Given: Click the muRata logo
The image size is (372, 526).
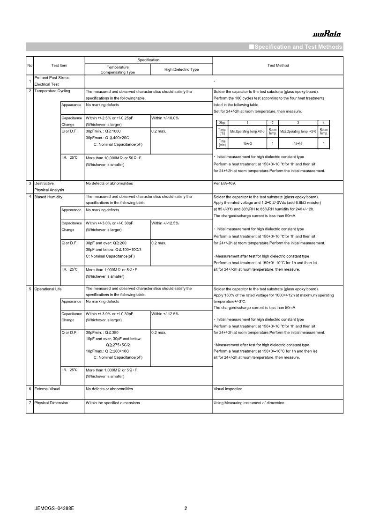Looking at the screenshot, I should pos(327,34).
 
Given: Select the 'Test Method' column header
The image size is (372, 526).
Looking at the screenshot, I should pos(278,66).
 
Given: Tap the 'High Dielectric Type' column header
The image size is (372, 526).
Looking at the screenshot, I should pos(181,69).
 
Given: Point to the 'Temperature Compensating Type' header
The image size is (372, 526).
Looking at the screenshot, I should pos(118,70).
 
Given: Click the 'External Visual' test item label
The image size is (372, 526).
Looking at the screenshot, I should pos(47,389).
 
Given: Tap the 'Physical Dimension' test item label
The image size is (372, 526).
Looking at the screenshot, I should pos(51,403).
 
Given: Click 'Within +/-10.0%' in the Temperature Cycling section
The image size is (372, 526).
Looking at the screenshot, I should pos(165,118).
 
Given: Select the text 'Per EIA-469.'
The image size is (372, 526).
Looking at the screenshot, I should pos(225,183).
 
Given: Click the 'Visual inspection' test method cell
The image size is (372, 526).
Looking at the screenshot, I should pos(228,389).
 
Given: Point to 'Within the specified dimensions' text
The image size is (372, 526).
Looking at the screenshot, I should pos(112,403).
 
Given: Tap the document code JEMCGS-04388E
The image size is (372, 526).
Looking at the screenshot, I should pos(54,508).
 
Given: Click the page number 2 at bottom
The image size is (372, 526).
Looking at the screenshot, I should pos(186,508).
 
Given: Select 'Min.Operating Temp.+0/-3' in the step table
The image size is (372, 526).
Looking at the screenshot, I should pos(247,132).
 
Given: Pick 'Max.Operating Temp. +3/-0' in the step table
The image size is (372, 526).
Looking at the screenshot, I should pos(298,132).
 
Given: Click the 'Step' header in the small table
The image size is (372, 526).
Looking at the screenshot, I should pos(222,122).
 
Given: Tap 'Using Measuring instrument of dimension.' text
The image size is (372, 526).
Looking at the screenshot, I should pos(249,403).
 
